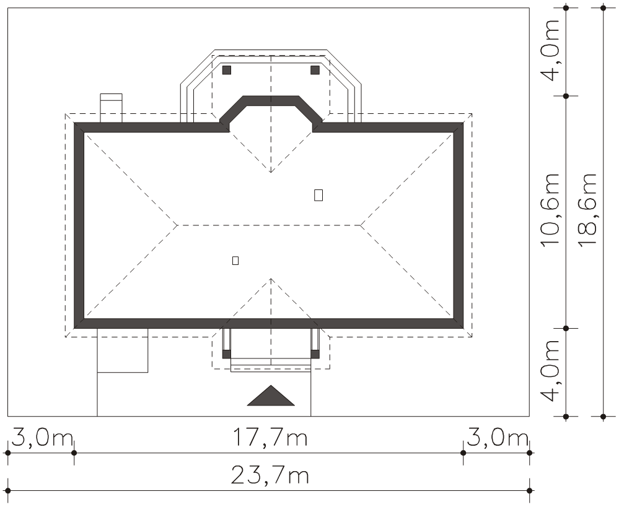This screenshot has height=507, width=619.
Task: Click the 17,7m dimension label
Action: point(270,438)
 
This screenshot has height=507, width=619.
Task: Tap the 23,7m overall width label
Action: point(270,475)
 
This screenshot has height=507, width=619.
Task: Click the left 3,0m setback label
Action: point(42,438)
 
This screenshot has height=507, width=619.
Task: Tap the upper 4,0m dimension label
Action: point(550,50)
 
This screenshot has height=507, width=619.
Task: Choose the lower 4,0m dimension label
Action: point(550,370)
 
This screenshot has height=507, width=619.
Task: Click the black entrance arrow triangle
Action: point(271,396)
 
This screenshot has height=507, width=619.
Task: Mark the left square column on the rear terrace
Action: point(227,70)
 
